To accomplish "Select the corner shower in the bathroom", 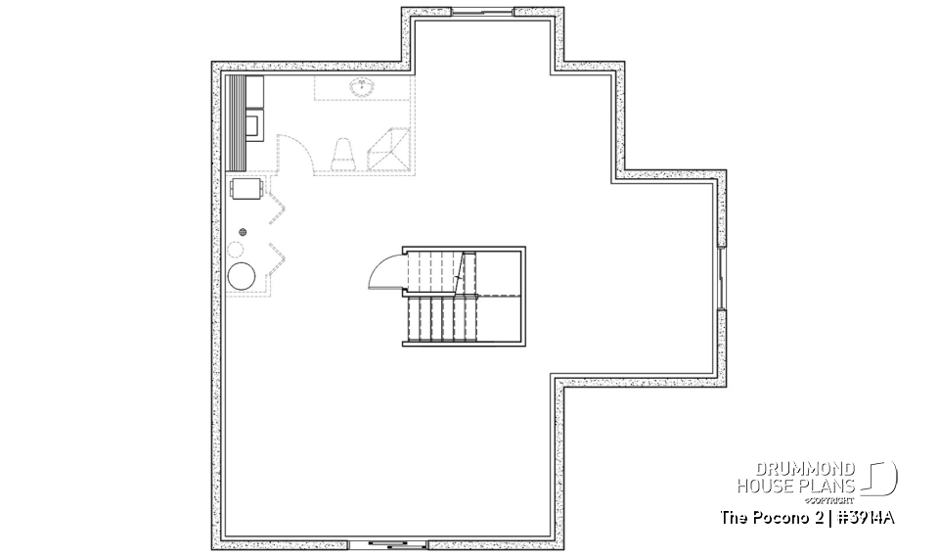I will (390, 150).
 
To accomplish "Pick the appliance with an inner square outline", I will (251, 124).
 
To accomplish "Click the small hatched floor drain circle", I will (243, 231).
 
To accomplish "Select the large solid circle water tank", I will (241, 276).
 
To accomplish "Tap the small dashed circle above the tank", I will (238, 250).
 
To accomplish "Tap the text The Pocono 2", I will (767, 516).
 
